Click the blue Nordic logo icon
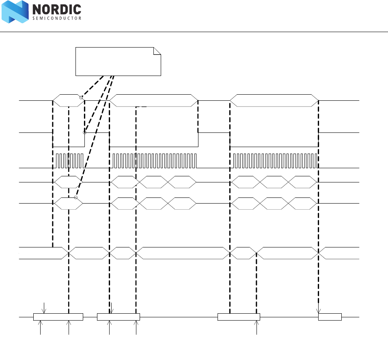pos(15,12)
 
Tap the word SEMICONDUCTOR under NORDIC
pos(56,18)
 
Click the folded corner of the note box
pos(157,51)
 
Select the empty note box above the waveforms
pos(118,61)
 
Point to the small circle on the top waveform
pos(81,98)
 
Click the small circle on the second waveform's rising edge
pos(84,132)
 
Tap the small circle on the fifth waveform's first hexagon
pos(76,197)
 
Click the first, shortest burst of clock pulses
pos(69,160)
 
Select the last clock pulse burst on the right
pos(275,160)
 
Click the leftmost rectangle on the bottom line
pos(58,317)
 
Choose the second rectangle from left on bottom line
pos(118,317)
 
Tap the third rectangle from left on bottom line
pos(239,317)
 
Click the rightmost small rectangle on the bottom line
pos(330,317)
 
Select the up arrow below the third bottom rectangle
pos(257,327)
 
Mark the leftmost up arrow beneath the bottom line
pos(41,327)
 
